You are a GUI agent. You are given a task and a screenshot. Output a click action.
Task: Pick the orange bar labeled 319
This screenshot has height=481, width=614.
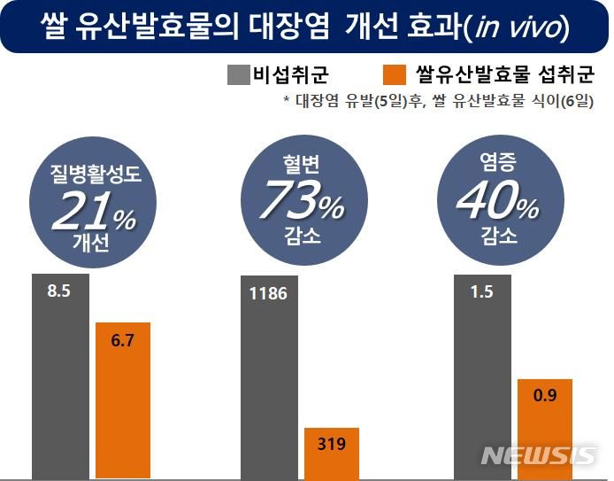pyautogui.click(x=333, y=453)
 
